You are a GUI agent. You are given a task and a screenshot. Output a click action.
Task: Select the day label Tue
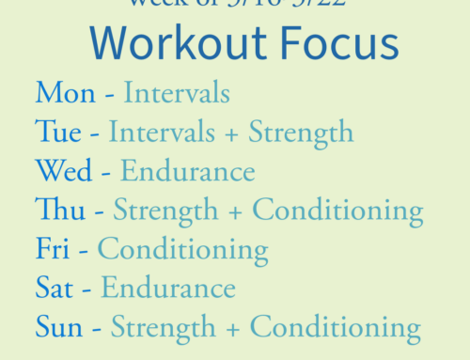tap(57, 133)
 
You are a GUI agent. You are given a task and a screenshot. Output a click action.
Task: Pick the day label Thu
tap(57, 211)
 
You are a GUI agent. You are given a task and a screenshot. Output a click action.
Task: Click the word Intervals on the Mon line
tap(177, 93)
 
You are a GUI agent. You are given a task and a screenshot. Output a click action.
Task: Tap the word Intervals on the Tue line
tap(162, 133)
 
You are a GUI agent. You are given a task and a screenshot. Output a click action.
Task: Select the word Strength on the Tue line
tap(297, 133)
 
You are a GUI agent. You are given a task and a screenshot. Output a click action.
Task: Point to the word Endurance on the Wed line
tap(187, 172)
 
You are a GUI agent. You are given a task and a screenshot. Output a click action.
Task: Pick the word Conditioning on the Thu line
tap(337, 211)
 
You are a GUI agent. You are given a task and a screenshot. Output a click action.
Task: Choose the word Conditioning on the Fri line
tap(182, 250)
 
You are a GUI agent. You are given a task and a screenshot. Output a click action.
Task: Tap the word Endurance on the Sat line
tap(168, 289)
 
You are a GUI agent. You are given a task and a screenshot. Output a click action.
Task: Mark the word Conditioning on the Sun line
tap(336, 328)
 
